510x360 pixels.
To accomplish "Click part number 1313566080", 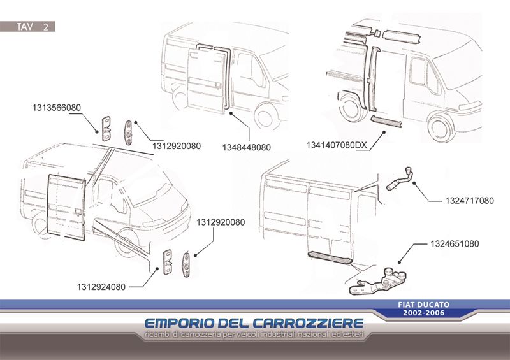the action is point(57,108).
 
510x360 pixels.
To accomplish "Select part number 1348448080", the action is point(247,147).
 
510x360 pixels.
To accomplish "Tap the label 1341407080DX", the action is point(337,145).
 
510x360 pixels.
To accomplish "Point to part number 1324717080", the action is point(469,201).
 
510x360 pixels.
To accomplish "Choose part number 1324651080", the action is point(455,243).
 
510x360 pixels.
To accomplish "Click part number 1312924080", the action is point(101,287).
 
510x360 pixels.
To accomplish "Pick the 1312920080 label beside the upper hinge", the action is point(177,146).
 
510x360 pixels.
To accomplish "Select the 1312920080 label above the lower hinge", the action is point(221,222).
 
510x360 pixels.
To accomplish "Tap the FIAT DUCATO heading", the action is point(423,305).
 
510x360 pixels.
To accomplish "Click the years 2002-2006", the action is point(423,313).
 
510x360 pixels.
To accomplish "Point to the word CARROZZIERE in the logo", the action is point(308,323).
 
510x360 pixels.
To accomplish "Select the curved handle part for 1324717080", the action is point(399,178).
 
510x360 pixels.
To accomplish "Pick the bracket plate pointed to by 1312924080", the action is point(168,262).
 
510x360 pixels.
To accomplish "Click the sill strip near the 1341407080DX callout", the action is point(386,121).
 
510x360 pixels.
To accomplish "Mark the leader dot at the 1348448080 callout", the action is point(231,113).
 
